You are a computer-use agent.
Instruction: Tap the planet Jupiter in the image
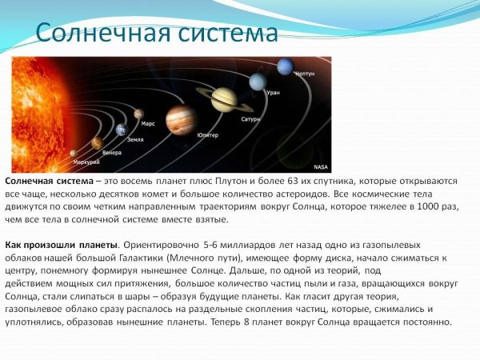[182, 119]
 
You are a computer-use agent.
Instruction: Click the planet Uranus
[257, 82]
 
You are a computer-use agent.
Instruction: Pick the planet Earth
[121, 130]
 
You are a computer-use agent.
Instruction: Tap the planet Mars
[139, 114]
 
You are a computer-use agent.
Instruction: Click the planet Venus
[97, 143]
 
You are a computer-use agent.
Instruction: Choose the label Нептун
[305, 74]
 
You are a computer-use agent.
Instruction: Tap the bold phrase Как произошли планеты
[61, 245]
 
